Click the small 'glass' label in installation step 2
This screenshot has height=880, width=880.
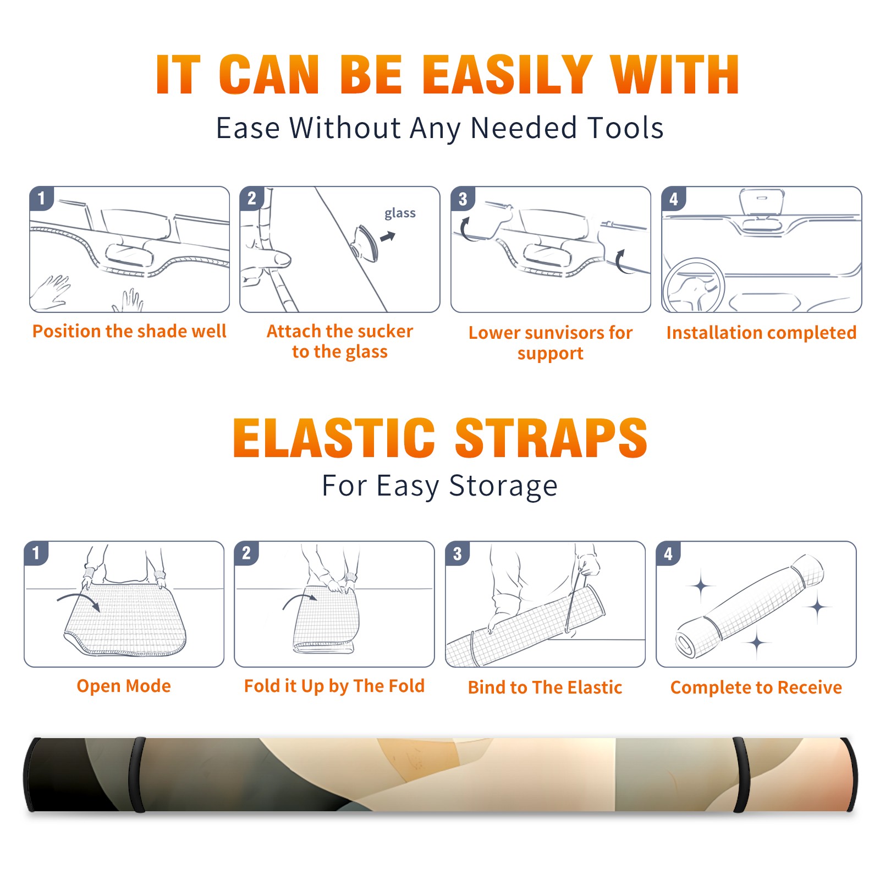coord(400,213)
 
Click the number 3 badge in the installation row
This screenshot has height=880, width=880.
coord(463,199)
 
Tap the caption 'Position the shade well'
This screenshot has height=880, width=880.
coord(129,331)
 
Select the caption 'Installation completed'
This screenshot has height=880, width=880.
coord(761,333)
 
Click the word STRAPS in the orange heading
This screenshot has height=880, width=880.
coord(551,438)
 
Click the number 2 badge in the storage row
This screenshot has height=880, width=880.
coord(246,553)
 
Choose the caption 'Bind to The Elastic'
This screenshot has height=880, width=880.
coord(544,687)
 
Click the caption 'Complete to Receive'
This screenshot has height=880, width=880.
coord(756,687)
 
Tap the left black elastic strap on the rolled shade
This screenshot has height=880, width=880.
coord(137,774)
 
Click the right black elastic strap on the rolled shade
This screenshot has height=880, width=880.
coord(741,774)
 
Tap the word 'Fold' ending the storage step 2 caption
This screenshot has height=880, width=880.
coord(406,686)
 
